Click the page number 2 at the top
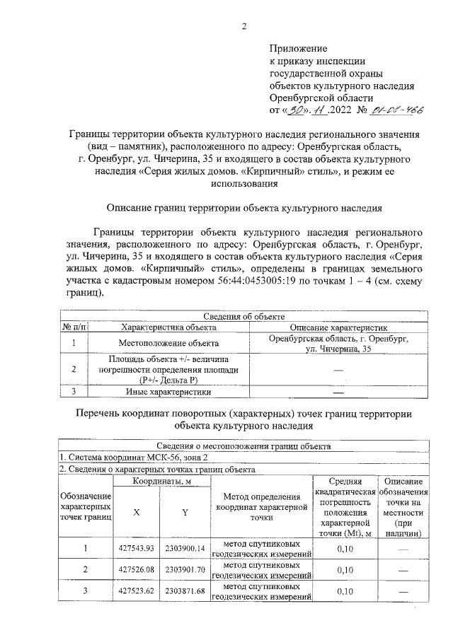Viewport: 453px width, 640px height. point(244,28)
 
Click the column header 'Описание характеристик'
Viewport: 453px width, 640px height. point(337,327)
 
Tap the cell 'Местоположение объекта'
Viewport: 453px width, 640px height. point(168,344)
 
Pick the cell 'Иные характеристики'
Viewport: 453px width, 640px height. point(168,391)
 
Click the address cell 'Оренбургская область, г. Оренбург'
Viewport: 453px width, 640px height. point(337,339)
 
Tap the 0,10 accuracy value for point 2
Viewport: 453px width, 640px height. point(345,570)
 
